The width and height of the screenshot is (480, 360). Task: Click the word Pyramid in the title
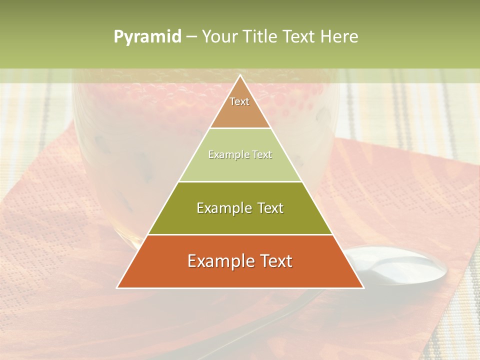pos(147,37)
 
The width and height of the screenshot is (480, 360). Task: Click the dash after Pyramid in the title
pos(191,37)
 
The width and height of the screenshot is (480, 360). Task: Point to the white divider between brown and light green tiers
pos(240,128)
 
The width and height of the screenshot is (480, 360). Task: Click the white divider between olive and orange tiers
pos(240,234)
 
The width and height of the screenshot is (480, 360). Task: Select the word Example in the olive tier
pos(220,208)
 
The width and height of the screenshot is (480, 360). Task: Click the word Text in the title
pos(300,36)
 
